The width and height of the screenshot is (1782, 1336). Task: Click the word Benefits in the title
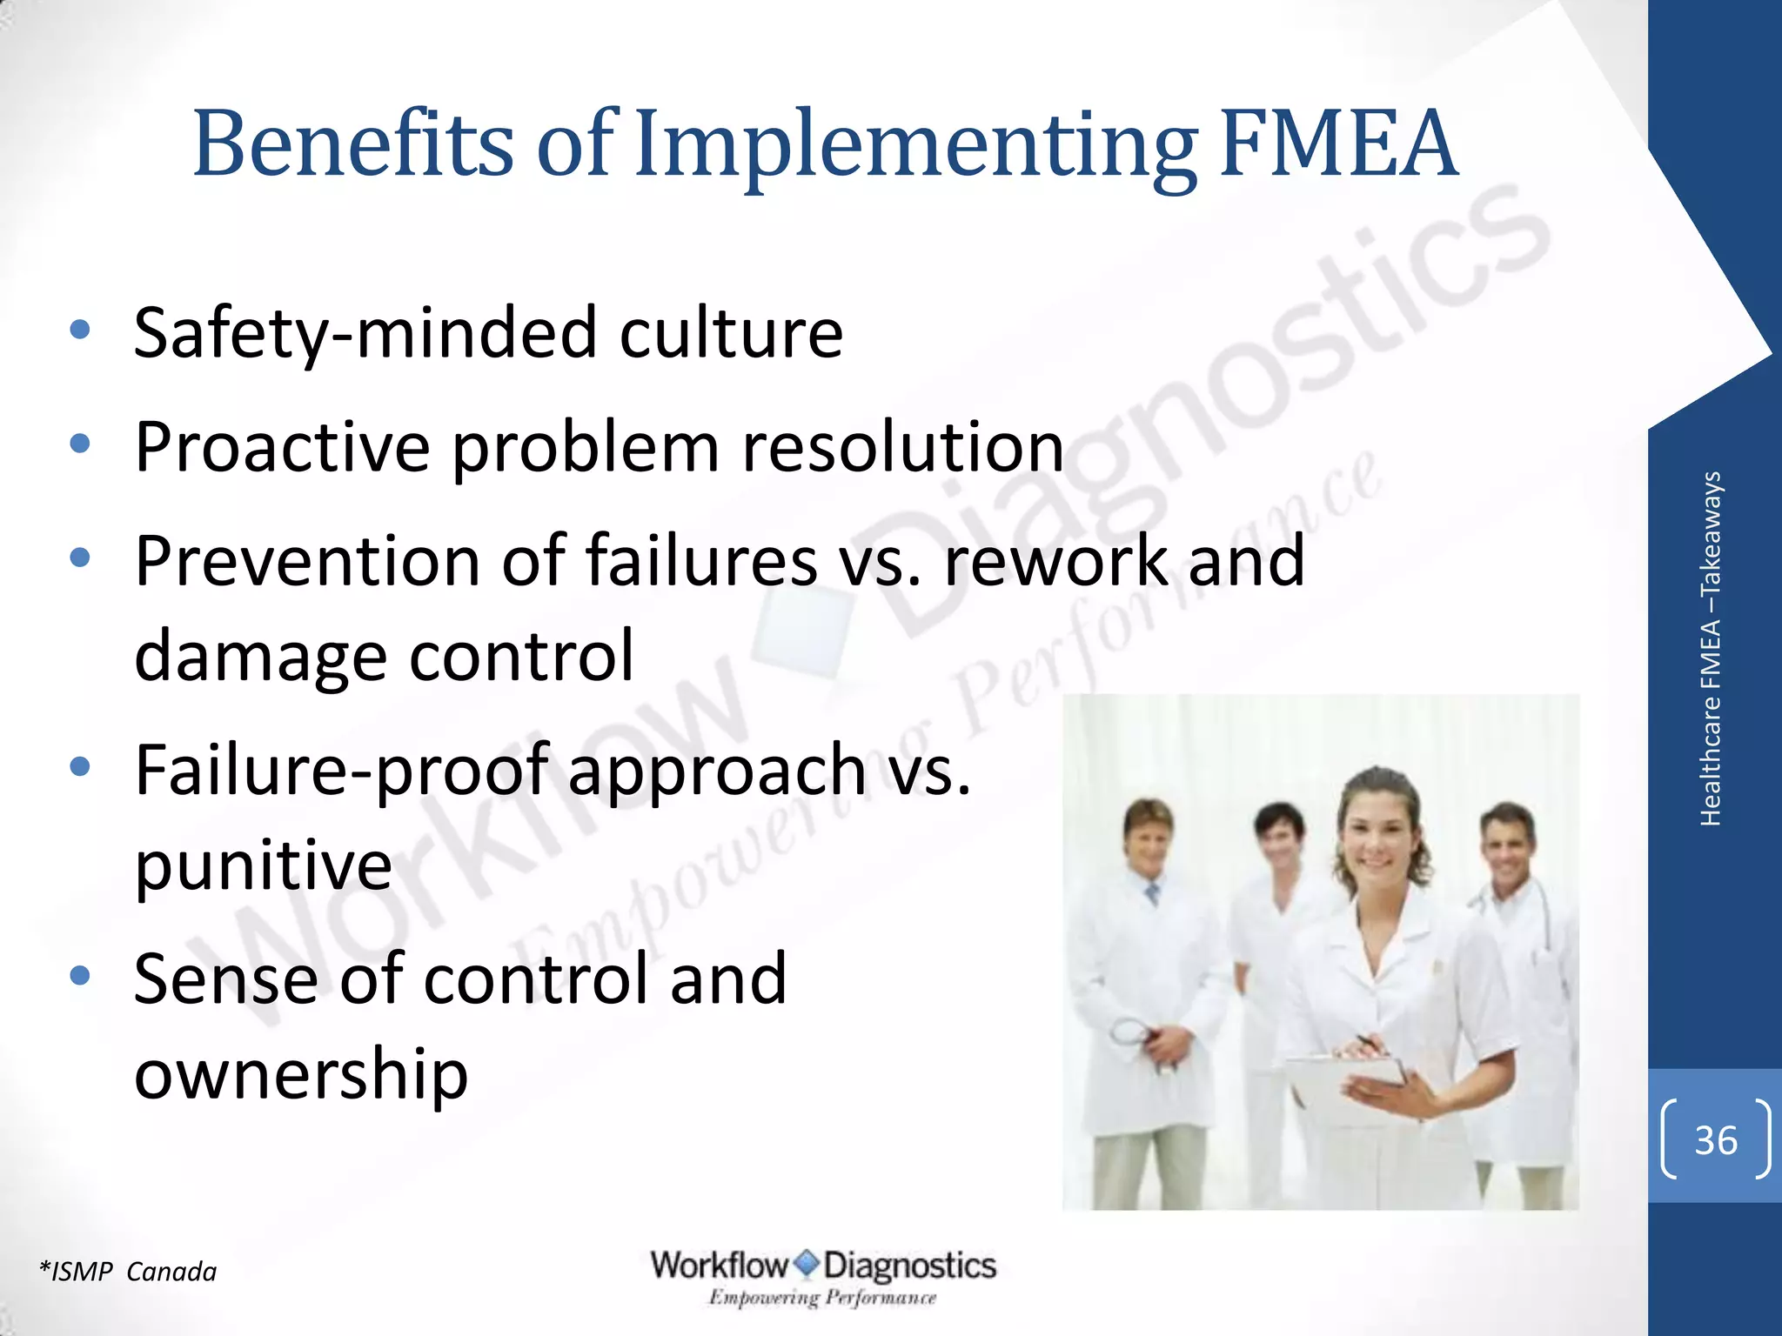pos(353,144)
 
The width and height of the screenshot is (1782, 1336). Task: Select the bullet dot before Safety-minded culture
pos(80,330)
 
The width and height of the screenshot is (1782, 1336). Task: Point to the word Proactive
pos(282,447)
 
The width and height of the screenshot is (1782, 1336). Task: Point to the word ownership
pos(301,1075)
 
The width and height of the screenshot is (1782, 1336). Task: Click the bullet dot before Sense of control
pos(80,976)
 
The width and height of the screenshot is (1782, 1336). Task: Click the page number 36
pos(1715,1139)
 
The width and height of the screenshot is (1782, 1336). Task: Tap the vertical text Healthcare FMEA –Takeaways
pos(1710,648)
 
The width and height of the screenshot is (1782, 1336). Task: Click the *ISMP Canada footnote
pos(128,1272)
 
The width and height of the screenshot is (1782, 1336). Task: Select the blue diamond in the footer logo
pos(807,1264)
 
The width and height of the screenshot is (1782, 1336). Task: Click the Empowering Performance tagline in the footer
pos(822,1298)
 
